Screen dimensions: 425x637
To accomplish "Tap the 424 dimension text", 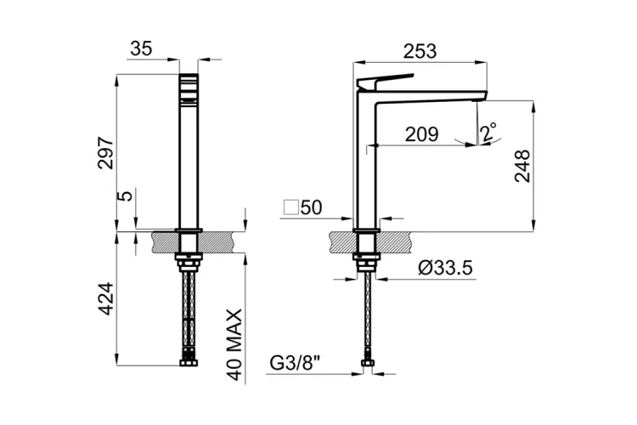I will (105, 299).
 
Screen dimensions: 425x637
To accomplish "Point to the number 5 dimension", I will (126, 196).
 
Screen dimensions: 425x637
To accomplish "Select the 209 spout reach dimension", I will (421, 133).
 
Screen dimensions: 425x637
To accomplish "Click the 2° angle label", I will (488, 133).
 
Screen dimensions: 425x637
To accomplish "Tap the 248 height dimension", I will (521, 166).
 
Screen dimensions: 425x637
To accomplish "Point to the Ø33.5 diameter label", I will (445, 269).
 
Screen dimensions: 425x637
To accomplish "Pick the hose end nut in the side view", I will (368, 363).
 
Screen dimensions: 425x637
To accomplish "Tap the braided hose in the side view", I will (368, 314).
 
